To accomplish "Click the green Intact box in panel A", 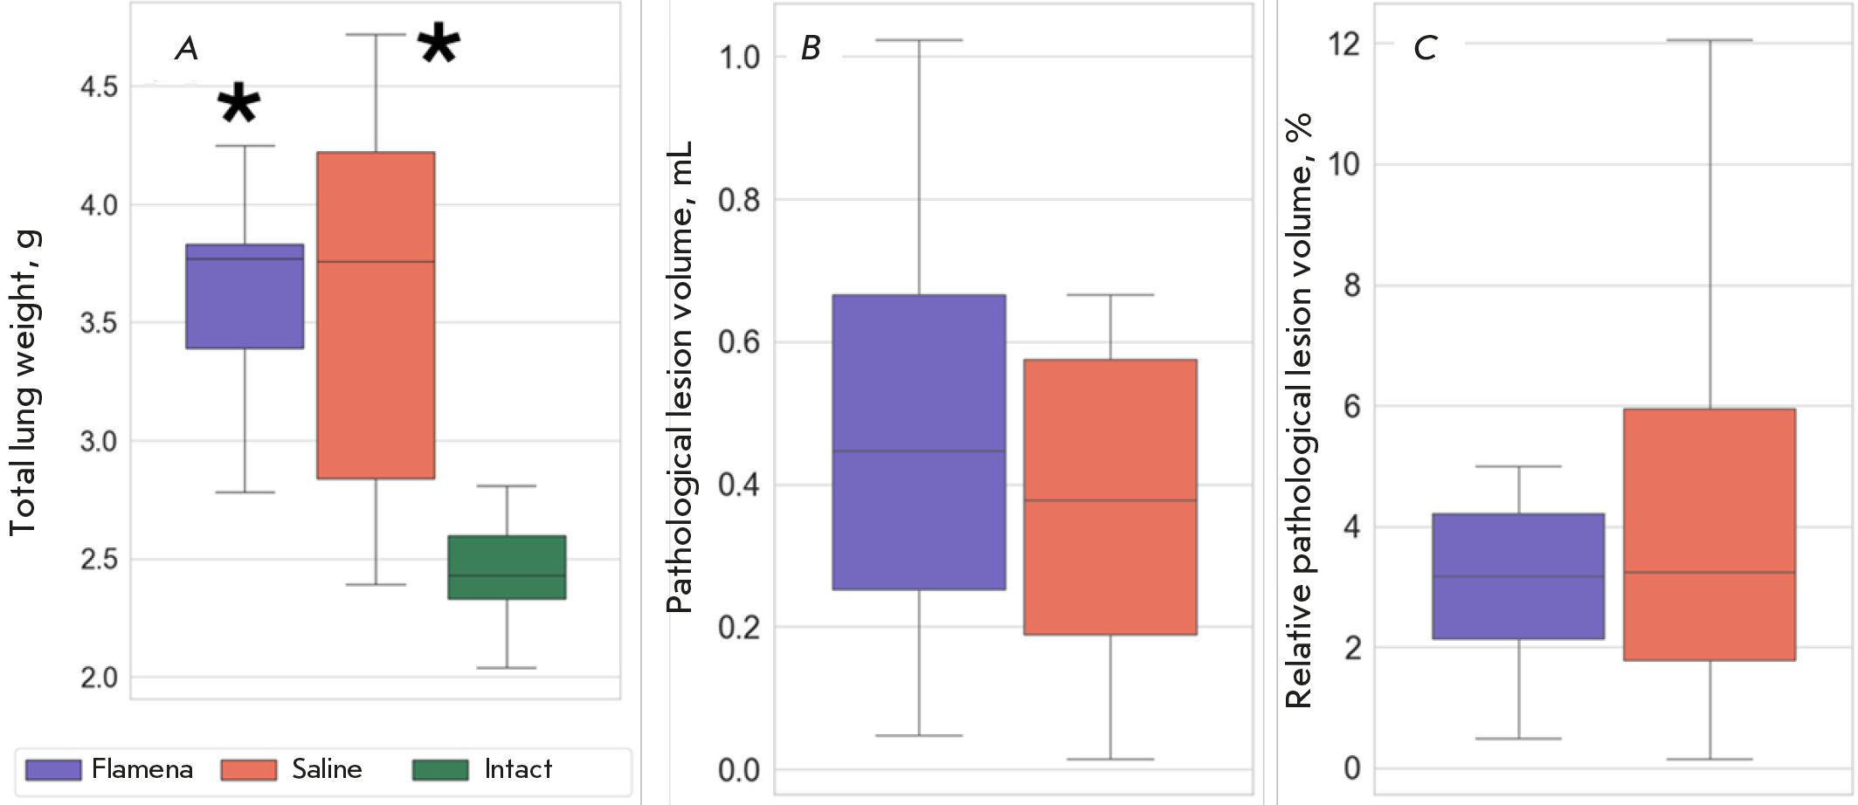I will pyautogui.click(x=507, y=568).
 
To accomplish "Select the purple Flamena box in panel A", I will pyautogui.click(x=245, y=297).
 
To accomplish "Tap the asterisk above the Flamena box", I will pyautogui.click(x=238, y=104).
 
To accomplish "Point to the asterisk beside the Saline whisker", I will pyautogui.click(x=439, y=44).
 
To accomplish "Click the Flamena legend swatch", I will pyautogui.click(x=53, y=769).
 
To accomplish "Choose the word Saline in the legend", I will pyautogui.click(x=327, y=769).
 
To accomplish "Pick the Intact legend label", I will pyautogui.click(x=518, y=769).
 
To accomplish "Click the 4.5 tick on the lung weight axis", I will pyautogui.click(x=99, y=87).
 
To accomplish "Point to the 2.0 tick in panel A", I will pyautogui.click(x=99, y=678).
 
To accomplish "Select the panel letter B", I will pyautogui.click(x=811, y=48).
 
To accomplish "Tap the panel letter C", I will pyautogui.click(x=1425, y=48).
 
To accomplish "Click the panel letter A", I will pyautogui.click(x=186, y=48).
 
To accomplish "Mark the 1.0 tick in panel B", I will pyautogui.click(x=739, y=58).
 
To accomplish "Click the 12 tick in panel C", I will pyautogui.click(x=1344, y=43).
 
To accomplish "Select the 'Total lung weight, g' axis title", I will pyautogui.click(x=24, y=384).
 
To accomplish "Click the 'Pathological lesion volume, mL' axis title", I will pyautogui.click(x=679, y=377).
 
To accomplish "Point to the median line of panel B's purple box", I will pyautogui.click(x=919, y=451).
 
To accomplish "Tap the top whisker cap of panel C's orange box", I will pyautogui.click(x=1709, y=40).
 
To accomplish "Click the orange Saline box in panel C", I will pyautogui.click(x=1709, y=534).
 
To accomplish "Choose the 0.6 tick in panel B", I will pyautogui.click(x=739, y=342).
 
